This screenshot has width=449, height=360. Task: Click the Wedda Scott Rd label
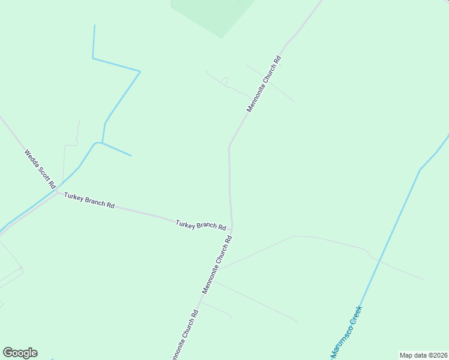point(40,168)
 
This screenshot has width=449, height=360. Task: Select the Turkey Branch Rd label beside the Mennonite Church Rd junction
point(200,225)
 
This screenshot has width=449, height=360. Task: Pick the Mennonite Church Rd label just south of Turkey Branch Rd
point(217,265)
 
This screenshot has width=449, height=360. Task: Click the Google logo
point(20,353)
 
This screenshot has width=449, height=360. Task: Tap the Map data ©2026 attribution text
point(423,355)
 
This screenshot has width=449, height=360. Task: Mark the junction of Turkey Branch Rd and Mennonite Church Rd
point(232,230)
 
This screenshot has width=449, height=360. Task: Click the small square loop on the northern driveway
point(224,81)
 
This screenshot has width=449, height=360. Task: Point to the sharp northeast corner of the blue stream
point(140,71)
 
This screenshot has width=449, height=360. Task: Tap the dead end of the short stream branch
point(131,156)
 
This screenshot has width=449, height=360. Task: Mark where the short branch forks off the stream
point(103,143)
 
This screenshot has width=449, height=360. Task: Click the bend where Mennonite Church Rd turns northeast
point(229,146)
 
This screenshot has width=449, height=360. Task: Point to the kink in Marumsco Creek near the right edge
point(420,170)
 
